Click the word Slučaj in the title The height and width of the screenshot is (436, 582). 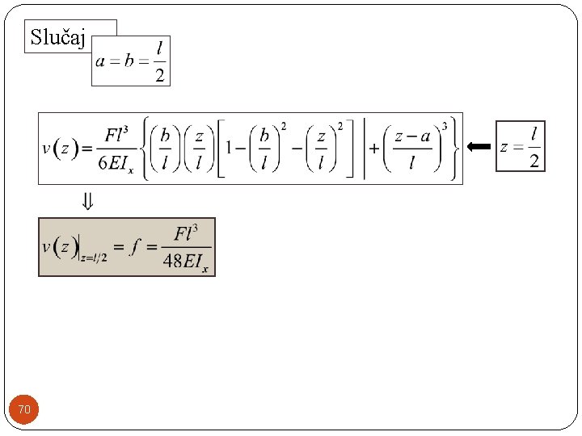click(57, 37)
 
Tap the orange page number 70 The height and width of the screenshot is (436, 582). click(24, 411)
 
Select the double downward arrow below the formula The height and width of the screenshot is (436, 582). click(86, 202)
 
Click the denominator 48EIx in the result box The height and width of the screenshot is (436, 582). click(187, 262)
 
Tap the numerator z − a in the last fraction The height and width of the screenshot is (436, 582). click(411, 136)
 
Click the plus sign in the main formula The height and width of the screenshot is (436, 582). click(374, 149)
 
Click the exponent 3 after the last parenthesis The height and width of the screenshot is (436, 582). click(445, 128)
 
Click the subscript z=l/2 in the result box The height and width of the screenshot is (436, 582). click(94, 257)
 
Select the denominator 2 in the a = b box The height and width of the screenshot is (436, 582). click(159, 76)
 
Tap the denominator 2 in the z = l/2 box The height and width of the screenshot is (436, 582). click(533, 161)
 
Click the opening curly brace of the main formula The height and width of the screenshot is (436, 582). click(145, 148)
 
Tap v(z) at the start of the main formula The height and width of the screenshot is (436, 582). click(61, 149)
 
